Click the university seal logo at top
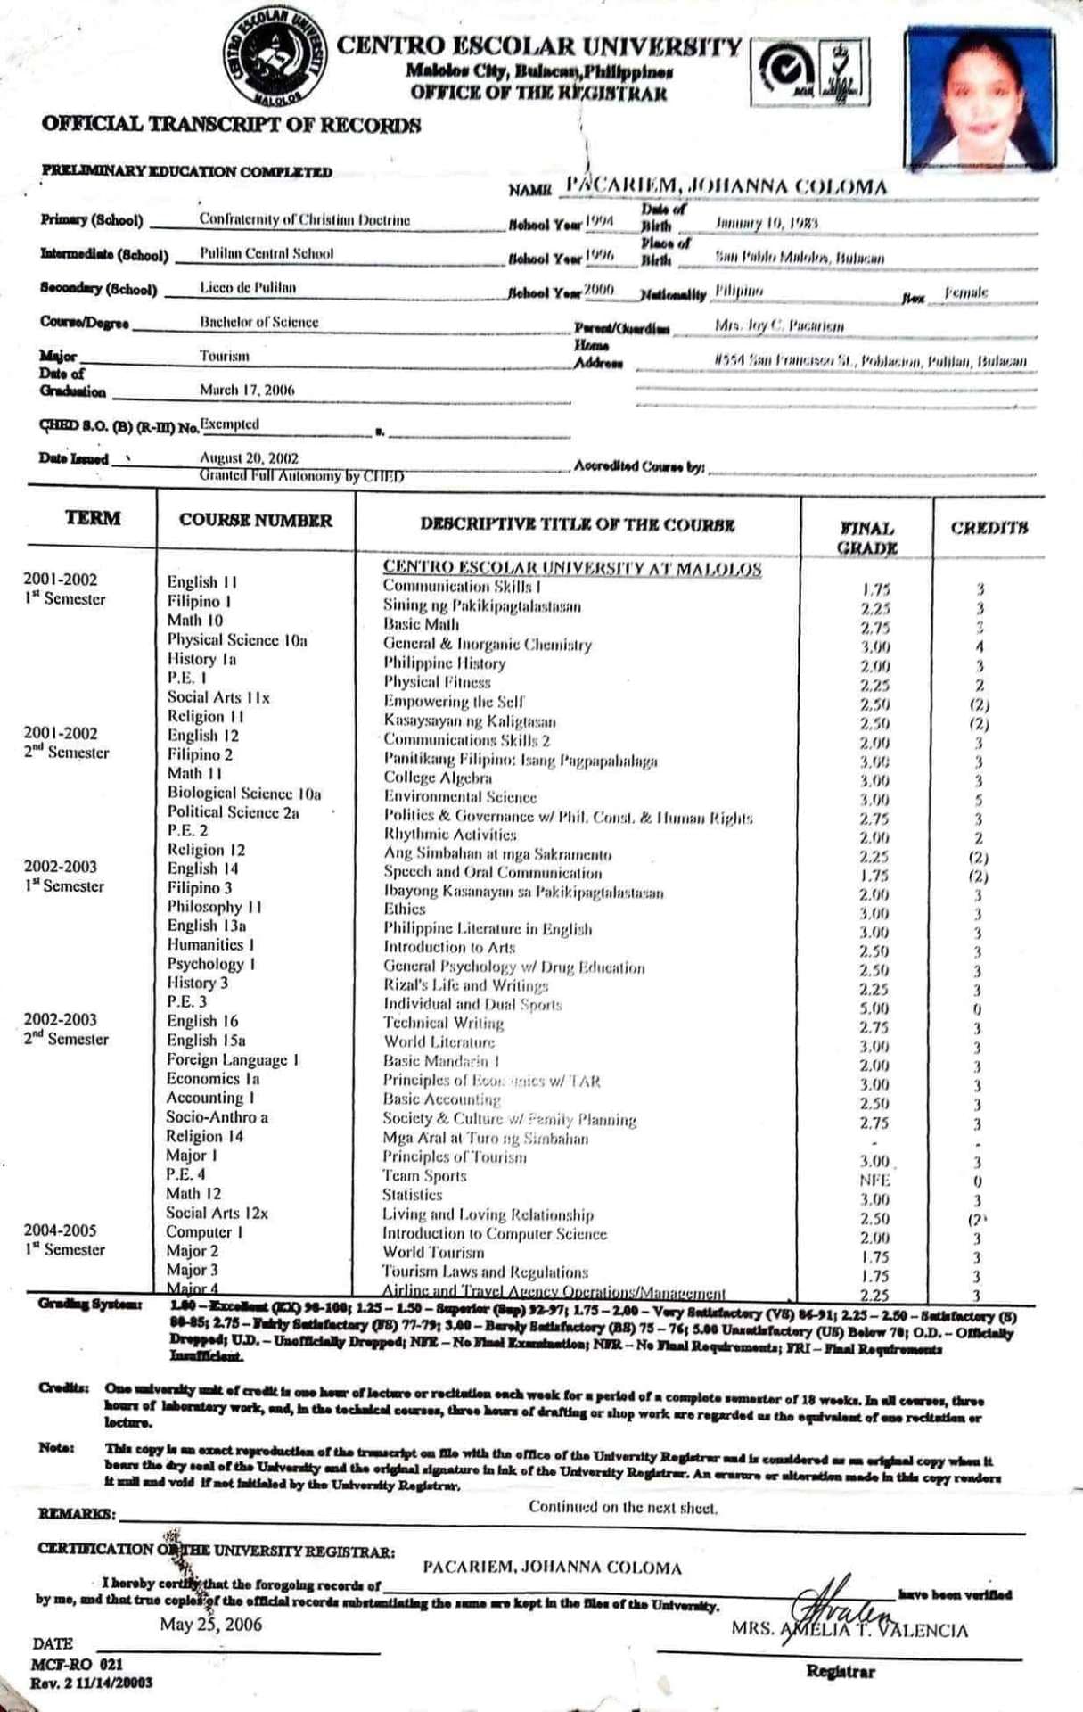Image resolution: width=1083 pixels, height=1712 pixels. [x=276, y=61]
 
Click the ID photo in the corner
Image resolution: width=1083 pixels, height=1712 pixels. [x=980, y=98]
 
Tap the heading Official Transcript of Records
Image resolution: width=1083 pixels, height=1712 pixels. [x=231, y=125]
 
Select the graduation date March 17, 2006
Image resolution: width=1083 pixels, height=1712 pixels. [x=247, y=390]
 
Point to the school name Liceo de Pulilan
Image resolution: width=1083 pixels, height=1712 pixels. [x=248, y=288]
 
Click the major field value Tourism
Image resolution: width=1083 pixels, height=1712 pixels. [x=225, y=356]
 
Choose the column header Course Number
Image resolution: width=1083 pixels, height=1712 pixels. [x=255, y=521]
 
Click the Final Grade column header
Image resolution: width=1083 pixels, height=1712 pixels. [x=866, y=538]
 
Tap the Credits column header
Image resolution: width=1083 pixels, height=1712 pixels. [x=989, y=528]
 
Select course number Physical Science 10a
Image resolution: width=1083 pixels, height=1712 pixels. [x=237, y=640]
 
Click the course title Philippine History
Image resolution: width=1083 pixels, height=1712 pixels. [x=444, y=663]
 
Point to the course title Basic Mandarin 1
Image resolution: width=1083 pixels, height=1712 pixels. [x=441, y=1061]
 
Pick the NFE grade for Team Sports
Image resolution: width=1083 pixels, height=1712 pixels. [x=874, y=1181]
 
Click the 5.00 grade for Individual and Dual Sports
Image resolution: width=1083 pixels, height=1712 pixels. [x=874, y=1008]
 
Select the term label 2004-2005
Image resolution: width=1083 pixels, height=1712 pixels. [x=60, y=1230]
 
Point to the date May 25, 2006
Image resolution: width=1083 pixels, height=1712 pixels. [x=211, y=1624]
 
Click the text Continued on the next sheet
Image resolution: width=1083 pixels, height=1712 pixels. [x=623, y=1507]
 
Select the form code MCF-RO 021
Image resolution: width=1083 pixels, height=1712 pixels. [x=77, y=1664]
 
